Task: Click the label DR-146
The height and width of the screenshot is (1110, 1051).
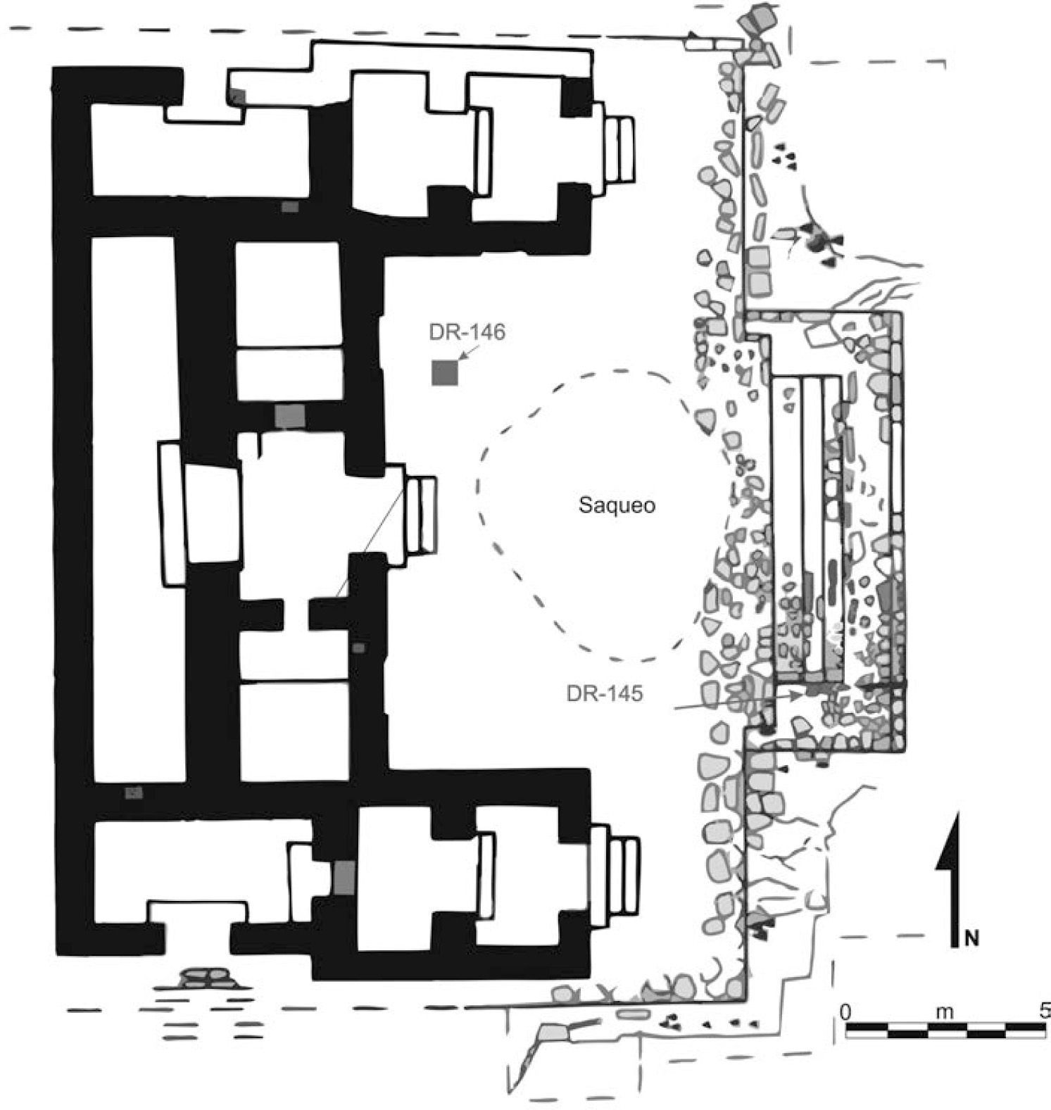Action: pyautogui.click(x=467, y=332)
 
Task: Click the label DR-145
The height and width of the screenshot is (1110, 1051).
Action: pyautogui.click(x=604, y=694)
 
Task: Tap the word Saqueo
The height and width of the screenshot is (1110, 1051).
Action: pyautogui.click(x=617, y=505)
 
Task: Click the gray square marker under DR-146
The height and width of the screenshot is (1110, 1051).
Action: pyautogui.click(x=445, y=372)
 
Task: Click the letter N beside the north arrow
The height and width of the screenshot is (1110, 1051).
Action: pyautogui.click(x=972, y=937)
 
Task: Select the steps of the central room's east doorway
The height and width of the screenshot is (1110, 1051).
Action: pyautogui.click(x=420, y=515)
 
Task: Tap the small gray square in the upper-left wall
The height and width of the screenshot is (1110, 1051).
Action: pyautogui.click(x=238, y=96)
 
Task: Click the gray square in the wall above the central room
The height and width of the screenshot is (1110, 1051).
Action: pyautogui.click(x=290, y=416)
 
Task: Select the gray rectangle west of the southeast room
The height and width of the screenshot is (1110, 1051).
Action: pyautogui.click(x=344, y=877)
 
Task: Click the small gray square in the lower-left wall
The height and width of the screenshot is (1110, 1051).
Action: pyautogui.click(x=133, y=793)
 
